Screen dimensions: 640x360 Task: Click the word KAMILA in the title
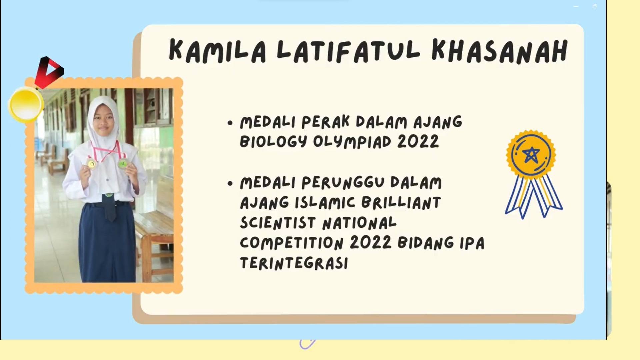point(218,51)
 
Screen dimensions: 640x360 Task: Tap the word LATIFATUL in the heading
point(348,51)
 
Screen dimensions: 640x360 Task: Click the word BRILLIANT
point(401,203)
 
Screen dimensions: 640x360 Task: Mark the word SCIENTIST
point(278,223)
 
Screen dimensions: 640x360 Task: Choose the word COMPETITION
point(292,243)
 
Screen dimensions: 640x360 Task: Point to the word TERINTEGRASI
point(294,263)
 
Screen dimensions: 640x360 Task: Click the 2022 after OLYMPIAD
point(418,142)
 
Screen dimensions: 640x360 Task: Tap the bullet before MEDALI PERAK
point(230,123)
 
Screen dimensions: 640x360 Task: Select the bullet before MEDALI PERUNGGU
point(230,183)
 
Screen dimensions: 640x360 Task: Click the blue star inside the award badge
point(531,155)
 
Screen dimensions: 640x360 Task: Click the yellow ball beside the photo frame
point(26,104)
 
